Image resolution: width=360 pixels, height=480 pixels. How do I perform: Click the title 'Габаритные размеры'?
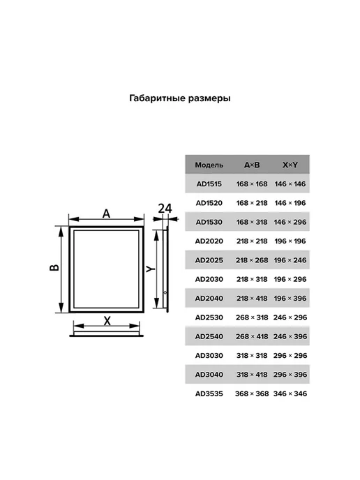point(180,98)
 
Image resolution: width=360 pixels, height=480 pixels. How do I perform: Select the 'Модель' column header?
point(209,165)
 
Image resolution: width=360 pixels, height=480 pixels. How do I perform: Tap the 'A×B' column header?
point(252,165)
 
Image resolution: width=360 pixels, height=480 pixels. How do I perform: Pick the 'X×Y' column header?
point(290,165)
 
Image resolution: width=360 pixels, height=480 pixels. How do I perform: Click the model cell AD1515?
point(209,184)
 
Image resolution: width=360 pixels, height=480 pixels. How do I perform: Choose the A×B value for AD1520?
point(252,203)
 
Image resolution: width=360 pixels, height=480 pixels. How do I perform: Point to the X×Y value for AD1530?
point(290,223)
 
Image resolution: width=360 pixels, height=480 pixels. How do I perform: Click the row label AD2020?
point(209,241)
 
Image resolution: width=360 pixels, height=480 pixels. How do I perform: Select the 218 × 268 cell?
point(252,260)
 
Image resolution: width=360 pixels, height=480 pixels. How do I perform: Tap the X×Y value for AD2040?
point(290,299)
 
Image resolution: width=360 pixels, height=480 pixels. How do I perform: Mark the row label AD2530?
point(209,317)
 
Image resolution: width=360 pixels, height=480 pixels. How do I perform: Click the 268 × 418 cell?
point(252,336)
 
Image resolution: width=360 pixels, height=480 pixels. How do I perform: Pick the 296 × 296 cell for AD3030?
point(290,356)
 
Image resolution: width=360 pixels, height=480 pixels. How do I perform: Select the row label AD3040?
point(209,375)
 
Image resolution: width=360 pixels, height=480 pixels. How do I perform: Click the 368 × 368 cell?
point(252,393)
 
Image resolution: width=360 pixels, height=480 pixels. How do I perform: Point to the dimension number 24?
point(165,209)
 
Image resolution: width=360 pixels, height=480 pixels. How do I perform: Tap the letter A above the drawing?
point(106,213)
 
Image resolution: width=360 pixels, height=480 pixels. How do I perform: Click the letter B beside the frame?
point(54,267)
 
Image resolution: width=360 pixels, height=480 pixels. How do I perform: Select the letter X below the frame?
point(107,321)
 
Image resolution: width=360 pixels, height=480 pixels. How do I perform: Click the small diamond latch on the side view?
point(165,292)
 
